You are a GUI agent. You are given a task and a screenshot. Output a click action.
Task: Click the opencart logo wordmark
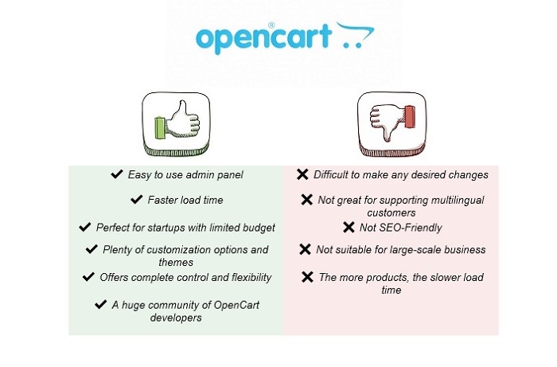tap(263, 38)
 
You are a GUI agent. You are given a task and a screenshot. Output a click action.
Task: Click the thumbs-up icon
tap(176, 124)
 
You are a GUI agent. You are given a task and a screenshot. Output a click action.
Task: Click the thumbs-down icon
tap(391, 124)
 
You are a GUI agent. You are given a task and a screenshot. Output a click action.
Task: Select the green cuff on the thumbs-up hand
tap(161, 128)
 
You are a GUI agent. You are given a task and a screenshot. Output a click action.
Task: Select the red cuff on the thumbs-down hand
tap(410, 116)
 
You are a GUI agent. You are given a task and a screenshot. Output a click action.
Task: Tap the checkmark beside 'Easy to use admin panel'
tap(117, 174)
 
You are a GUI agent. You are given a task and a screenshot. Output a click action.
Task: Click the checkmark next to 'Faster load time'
tap(136, 199)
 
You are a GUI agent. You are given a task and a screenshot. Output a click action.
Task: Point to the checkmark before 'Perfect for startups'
tap(85, 227)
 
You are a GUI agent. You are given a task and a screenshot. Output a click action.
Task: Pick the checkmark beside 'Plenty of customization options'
tap(92, 249)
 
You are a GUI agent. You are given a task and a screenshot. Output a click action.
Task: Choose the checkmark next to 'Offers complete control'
tap(88, 277)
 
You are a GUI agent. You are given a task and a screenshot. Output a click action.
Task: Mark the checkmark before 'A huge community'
tap(101, 304)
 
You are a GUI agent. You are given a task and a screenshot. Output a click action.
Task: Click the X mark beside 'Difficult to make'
tap(302, 174)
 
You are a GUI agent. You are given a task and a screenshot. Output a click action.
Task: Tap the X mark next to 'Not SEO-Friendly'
tap(349, 228)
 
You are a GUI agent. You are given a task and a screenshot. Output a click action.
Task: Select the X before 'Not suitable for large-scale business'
tap(305, 249)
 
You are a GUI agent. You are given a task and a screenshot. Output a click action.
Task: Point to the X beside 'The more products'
tap(307, 277)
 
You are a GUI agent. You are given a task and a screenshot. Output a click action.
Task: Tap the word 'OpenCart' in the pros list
tap(236, 305)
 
